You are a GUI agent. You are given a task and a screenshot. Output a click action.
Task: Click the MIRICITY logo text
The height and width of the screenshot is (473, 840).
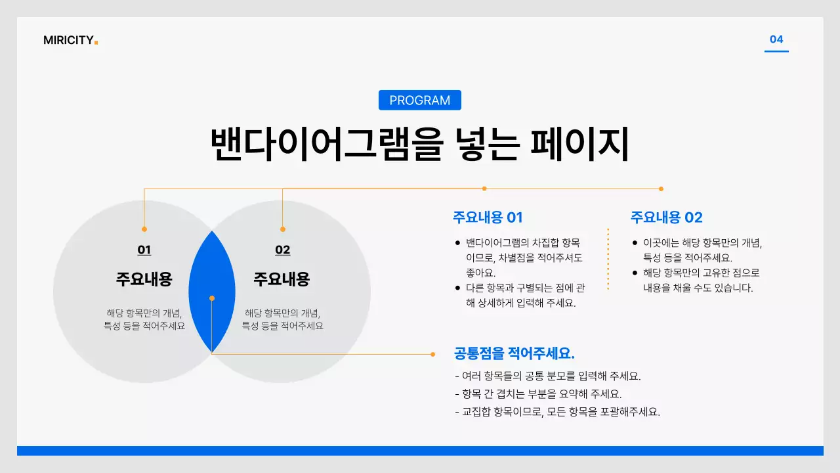pyautogui.click(x=68, y=40)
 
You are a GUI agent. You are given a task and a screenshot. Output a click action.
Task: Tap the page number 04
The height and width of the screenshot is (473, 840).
pyautogui.click(x=776, y=39)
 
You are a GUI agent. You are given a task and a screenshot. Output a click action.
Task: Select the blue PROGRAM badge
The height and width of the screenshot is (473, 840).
pyautogui.click(x=420, y=101)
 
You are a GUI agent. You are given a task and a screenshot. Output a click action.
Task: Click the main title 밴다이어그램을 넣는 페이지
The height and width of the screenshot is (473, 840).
pyautogui.click(x=420, y=145)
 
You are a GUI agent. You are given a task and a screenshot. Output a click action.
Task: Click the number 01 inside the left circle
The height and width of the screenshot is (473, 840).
pyautogui.click(x=144, y=250)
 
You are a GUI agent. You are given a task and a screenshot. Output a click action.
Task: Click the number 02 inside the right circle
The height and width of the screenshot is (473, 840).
pyautogui.click(x=283, y=250)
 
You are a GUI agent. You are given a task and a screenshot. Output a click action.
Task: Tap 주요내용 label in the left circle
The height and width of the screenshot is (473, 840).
pyautogui.click(x=144, y=279)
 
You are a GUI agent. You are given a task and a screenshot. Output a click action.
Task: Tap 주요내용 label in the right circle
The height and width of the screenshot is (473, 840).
pyautogui.click(x=282, y=279)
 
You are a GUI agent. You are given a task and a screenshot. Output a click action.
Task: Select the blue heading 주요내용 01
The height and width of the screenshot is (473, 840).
pyautogui.click(x=488, y=217)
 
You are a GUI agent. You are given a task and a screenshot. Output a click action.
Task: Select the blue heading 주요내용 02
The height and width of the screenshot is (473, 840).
pyautogui.click(x=666, y=217)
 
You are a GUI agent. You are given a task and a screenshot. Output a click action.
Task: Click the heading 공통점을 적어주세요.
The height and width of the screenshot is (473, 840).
pyautogui.click(x=514, y=353)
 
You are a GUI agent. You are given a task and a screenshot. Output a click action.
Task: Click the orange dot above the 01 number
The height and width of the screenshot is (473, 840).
pyautogui.click(x=144, y=229)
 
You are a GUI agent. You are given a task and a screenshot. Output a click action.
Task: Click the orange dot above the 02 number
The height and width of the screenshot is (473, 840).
pyautogui.click(x=283, y=229)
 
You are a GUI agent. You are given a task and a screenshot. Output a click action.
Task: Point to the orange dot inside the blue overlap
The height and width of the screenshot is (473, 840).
pyautogui.click(x=212, y=298)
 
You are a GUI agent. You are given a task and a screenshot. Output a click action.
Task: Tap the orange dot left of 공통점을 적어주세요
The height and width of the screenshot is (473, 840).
pyautogui.click(x=432, y=354)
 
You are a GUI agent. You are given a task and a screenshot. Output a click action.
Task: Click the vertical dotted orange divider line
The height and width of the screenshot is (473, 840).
pyautogui.click(x=608, y=259)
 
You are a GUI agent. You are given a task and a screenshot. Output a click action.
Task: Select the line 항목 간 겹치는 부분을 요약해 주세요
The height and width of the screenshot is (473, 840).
pyautogui.click(x=538, y=394)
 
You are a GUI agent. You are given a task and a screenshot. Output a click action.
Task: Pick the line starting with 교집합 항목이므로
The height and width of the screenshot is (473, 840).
pyautogui.click(x=557, y=412)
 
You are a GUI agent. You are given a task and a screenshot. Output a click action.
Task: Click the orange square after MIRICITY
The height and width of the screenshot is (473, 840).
pyautogui.click(x=96, y=43)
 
